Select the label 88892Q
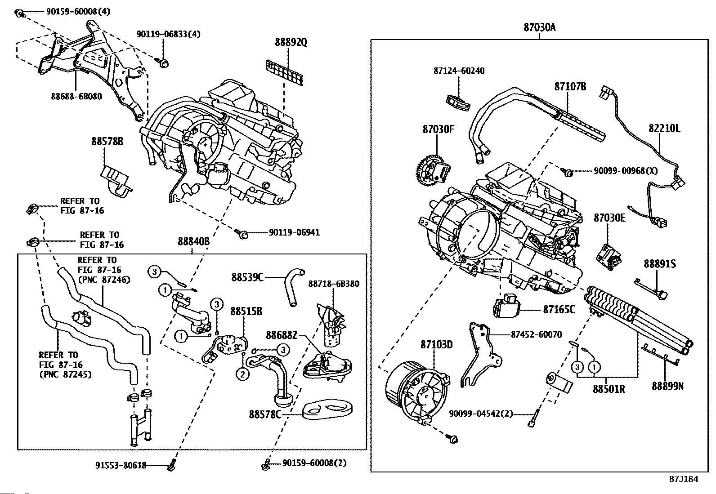pos(291,42)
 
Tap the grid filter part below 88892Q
pos(285,72)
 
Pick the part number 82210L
pos(664,129)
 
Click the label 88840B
pos(193,241)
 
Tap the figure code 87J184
pos(683,479)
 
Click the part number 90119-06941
pos(294,232)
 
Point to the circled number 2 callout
pos(242,374)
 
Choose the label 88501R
pos(609,389)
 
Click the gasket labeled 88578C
pos(328,409)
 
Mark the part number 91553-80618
pos(121,466)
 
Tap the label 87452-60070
pos(536,335)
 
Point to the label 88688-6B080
pos(76,96)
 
